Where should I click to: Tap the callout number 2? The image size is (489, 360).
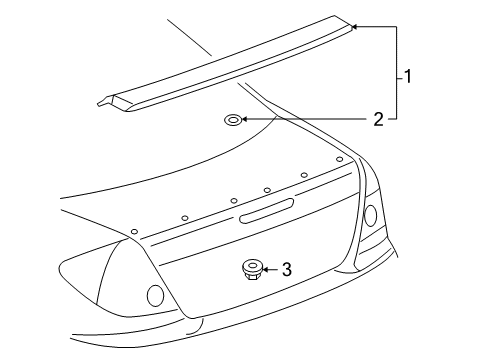(378, 120)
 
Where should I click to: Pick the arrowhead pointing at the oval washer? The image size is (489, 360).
(246, 120)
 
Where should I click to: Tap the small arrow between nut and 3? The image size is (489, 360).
(267, 269)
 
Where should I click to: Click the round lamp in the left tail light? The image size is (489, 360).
(155, 294)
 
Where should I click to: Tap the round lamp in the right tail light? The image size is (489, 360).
(369, 214)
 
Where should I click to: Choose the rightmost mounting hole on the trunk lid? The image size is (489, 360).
(340, 159)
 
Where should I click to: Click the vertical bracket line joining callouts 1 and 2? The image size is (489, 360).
(398, 75)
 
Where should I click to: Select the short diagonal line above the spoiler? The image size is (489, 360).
(189, 37)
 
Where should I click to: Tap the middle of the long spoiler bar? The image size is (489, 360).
(230, 65)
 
